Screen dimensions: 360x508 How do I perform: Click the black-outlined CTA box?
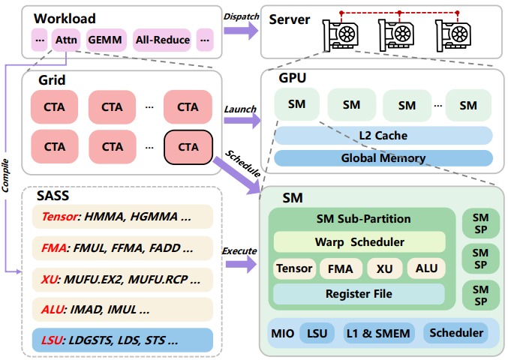click(188, 146)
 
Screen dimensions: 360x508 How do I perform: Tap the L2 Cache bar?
click(383, 135)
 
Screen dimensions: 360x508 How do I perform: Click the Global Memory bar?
click(383, 158)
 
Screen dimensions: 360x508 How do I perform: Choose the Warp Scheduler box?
click(359, 242)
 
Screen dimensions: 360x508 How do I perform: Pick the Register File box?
click(359, 294)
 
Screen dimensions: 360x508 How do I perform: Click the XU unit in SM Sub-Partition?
click(384, 268)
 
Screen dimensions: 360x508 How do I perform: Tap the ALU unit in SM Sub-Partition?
click(426, 268)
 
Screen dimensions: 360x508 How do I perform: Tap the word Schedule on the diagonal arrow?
click(242, 163)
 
